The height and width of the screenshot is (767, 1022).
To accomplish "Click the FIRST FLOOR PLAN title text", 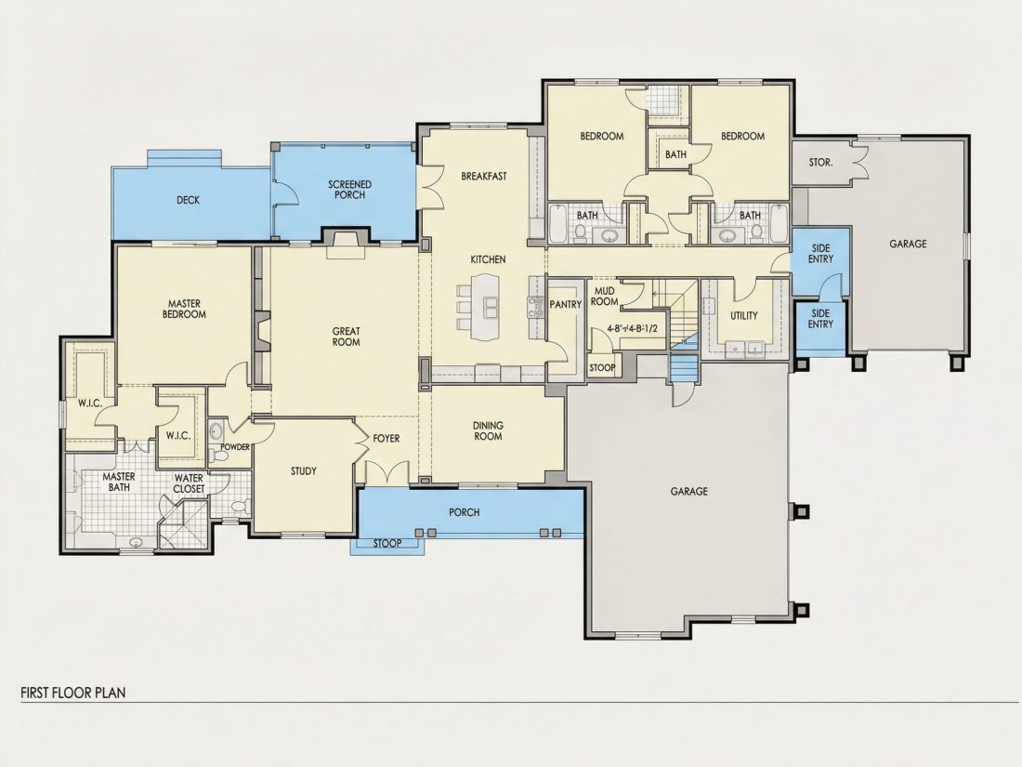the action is pos(73,692).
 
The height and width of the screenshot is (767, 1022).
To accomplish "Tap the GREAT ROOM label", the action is pos(347,337).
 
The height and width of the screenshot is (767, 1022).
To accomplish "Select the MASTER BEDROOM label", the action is pos(185,309).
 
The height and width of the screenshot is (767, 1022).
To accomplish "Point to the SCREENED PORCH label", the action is pos(350,190).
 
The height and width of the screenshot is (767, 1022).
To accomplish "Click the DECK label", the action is pos(188,200).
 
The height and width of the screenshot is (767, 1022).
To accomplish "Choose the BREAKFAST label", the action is pos(484,176).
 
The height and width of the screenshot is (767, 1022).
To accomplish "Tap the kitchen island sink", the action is pos(490,303).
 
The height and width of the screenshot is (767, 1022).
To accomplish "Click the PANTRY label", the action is pos(565,305).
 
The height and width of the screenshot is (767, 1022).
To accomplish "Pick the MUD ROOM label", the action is pos(605,296).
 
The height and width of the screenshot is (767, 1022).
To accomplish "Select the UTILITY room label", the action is pos(743,316).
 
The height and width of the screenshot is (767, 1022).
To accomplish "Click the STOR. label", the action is pos(820,163).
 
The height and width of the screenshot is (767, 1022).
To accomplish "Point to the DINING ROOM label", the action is pos(488,430).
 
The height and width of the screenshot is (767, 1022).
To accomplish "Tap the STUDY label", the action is pos(304,471).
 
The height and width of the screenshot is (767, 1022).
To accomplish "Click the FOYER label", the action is pos(387,438).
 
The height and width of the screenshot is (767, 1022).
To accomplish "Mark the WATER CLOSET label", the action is pos(189,483).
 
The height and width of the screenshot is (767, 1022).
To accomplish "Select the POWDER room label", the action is pos(235,447).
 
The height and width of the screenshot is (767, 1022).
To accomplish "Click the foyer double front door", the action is pos(387,473).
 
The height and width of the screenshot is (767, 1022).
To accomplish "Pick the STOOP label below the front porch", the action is pos(387,543).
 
